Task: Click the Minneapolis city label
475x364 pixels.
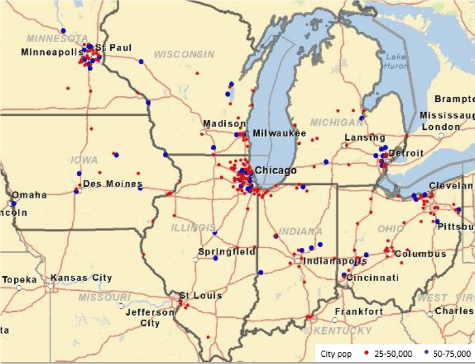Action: tap(51, 52)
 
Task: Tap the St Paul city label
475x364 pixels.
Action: tap(113, 47)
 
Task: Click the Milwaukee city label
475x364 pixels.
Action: tap(279, 133)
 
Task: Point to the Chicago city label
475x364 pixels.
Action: tap(276, 171)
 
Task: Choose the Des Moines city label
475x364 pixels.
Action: tap(113, 183)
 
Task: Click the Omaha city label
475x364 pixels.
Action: tap(29, 195)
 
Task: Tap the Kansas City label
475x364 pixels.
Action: tap(81, 278)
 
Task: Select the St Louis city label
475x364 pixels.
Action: tap(201, 295)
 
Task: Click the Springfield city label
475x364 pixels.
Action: tap(227, 251)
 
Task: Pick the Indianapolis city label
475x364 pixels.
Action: tap(335, 261)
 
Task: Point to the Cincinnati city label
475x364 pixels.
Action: tap(372, 278)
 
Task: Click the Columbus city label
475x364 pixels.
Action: tap(420, 254)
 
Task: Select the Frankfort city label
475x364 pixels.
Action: tap(359, 312)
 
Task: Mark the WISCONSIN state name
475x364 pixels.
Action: tap(184, 55)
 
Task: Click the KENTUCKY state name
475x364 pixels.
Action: tap(343, 331)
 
